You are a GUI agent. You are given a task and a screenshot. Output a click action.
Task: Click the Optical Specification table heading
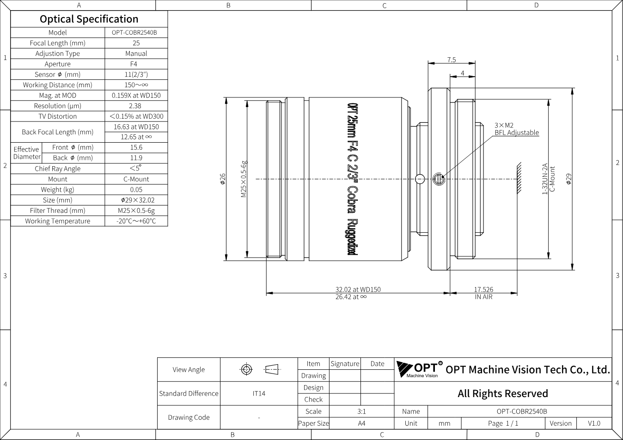click(x=89, y=19)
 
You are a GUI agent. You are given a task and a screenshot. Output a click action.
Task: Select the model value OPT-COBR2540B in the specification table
click(x=134, y=32)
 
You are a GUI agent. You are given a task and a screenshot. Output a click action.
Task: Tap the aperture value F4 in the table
click(x=134, y=64)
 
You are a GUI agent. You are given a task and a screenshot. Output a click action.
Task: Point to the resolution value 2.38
click(x=135, y=106)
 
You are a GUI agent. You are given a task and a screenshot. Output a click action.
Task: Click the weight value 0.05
click(x=136, y=189)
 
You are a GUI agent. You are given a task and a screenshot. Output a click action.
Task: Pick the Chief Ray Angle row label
click(x=58, y=169)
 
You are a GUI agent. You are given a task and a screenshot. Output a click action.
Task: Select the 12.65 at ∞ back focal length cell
click(x=136, y=137)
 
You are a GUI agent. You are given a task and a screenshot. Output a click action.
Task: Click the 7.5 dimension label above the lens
click(x=452, y=60)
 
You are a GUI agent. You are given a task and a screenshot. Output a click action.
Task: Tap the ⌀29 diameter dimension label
click(x=569, y=179)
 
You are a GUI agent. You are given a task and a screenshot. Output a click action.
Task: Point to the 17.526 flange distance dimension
click(x=484, y=289)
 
